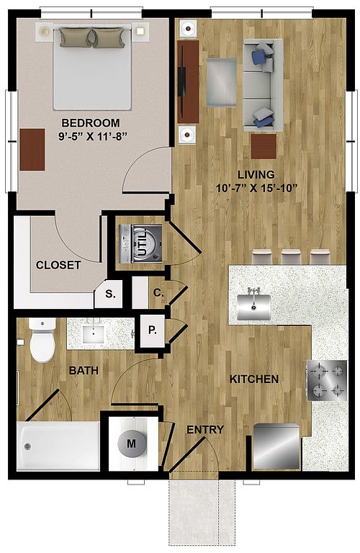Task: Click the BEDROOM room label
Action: coord(91,122)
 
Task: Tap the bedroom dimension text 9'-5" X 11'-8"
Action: coord(92,136)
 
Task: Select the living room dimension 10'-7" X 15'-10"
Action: coord(256,188)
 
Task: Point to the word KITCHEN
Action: coord(254,379)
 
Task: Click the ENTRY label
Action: coord(205,430)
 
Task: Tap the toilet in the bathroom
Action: coord(42,341)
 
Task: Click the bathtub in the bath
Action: coord(58,446)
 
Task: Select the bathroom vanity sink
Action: coord(93,334)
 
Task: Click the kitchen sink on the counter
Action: coord(253,307)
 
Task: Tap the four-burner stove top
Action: coord(327,380)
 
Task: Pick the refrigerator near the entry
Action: coord(276,446)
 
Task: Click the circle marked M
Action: coord(132,443)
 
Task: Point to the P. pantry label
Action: coord(153,330)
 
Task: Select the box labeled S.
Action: coord(109,294)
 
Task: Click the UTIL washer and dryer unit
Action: coord(140,243)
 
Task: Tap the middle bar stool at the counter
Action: coord(291,257)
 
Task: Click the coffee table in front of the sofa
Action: coord(221,83)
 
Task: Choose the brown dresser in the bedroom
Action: coord(32,150)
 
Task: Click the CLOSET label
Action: coord(58,265)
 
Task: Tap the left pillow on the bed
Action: coord(76,37)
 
